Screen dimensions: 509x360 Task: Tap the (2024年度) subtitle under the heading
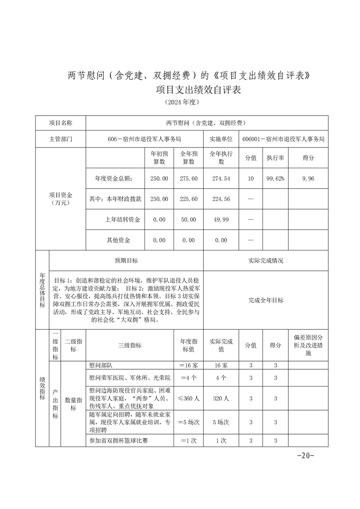point(180,103)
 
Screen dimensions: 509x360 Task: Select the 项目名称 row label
point(60,123)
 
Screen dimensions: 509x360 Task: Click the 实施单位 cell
point(221,139)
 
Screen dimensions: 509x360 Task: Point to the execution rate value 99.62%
point(275,179)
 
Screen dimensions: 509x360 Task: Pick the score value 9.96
point(308,179)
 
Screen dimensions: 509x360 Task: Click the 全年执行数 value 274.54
point(221,179)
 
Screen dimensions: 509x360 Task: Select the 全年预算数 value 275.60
point(188,179)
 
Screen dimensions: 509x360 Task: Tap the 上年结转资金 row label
point(122,220)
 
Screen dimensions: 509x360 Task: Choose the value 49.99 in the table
point(221,220)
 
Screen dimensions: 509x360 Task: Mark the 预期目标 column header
point(126,261)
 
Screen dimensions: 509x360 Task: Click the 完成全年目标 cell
point(266,300)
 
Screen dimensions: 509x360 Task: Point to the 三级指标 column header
point(129,345)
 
